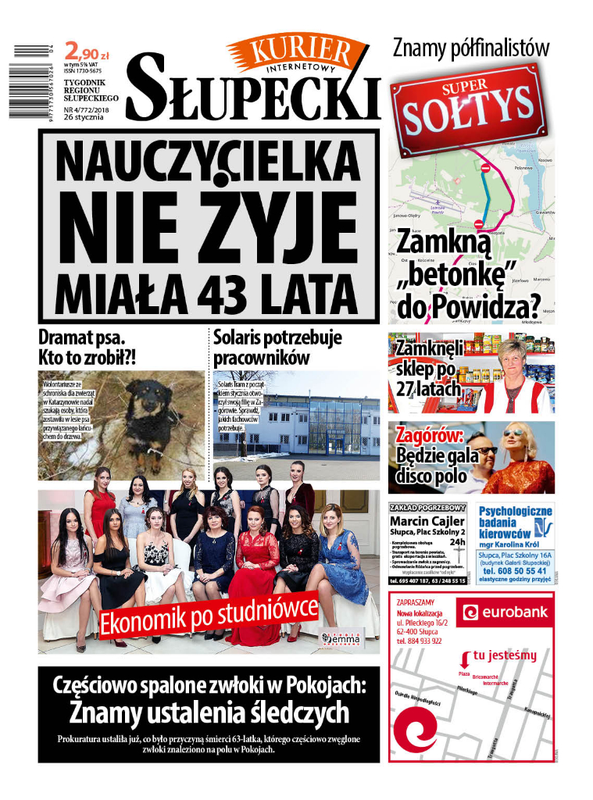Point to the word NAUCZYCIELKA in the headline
tap(207, 159)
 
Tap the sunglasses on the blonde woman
tap(513, 433)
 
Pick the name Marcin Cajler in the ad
tap(427, 522)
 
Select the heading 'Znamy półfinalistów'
tap(470, 48)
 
